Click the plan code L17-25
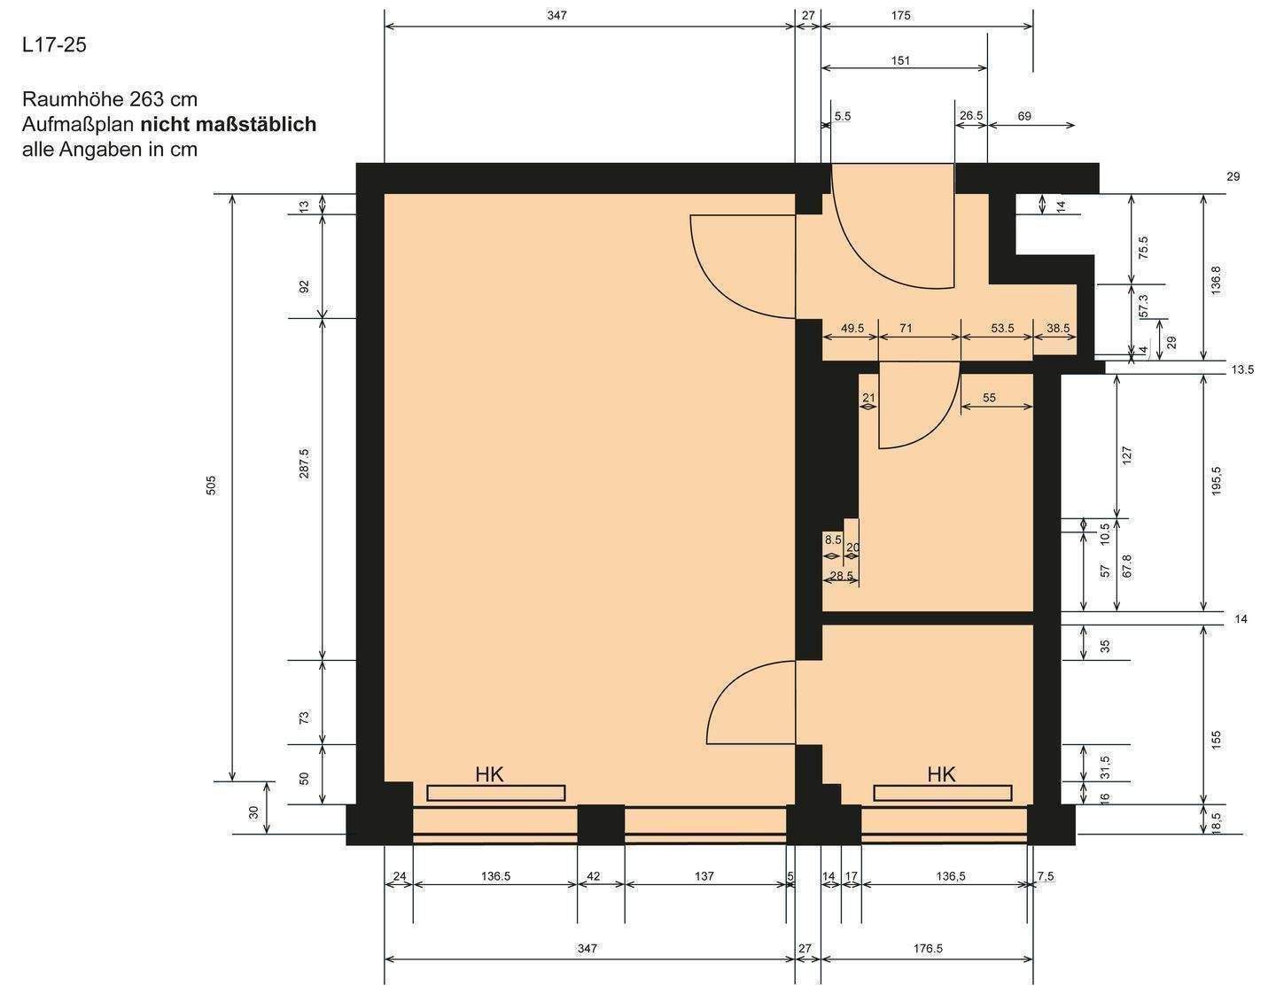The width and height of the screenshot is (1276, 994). [54, 45]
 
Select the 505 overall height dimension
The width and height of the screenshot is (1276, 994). [211, 485]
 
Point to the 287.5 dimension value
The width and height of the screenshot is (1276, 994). [304, 463]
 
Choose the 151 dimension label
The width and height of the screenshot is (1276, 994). [900, 61]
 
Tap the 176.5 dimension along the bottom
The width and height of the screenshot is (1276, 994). [928, 948]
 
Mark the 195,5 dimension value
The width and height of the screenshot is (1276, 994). [1216, 480]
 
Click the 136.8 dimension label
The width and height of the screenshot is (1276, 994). [1216, 280]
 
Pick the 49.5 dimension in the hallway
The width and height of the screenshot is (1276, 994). [852, 328]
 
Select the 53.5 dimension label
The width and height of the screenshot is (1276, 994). [1002, 328]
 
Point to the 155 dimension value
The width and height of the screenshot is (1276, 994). [1216, 737]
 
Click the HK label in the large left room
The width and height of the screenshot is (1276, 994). [489, 775]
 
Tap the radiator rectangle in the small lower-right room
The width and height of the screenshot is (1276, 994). [942, 793]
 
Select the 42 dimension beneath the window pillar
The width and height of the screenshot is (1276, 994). [594, 876]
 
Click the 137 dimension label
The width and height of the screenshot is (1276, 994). [704, 876]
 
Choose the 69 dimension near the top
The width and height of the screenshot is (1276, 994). [1024, 116]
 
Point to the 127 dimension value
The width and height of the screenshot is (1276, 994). [1127, 455]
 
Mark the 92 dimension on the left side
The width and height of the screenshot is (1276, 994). [304, 286]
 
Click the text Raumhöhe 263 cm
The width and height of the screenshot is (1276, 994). [110, 98]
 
